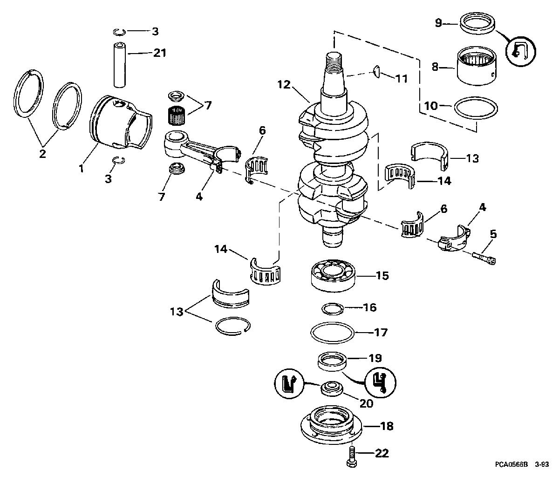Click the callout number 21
[x=160, y=53]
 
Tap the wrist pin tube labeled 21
[x=120, y=64]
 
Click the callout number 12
[x=284, y=85]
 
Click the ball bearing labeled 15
[x=333, y=275]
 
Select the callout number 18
[x=387, y=426]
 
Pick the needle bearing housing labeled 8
[x=477, y=66]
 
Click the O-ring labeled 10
[x=476, y=108]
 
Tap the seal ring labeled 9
[x=477, y=27]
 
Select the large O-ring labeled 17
[x=332, y=333]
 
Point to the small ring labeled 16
[x=333, y=308]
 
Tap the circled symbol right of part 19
[x=380, y=383]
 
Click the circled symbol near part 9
[x=521, y=51]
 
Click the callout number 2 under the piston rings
[x=42, y=154]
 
